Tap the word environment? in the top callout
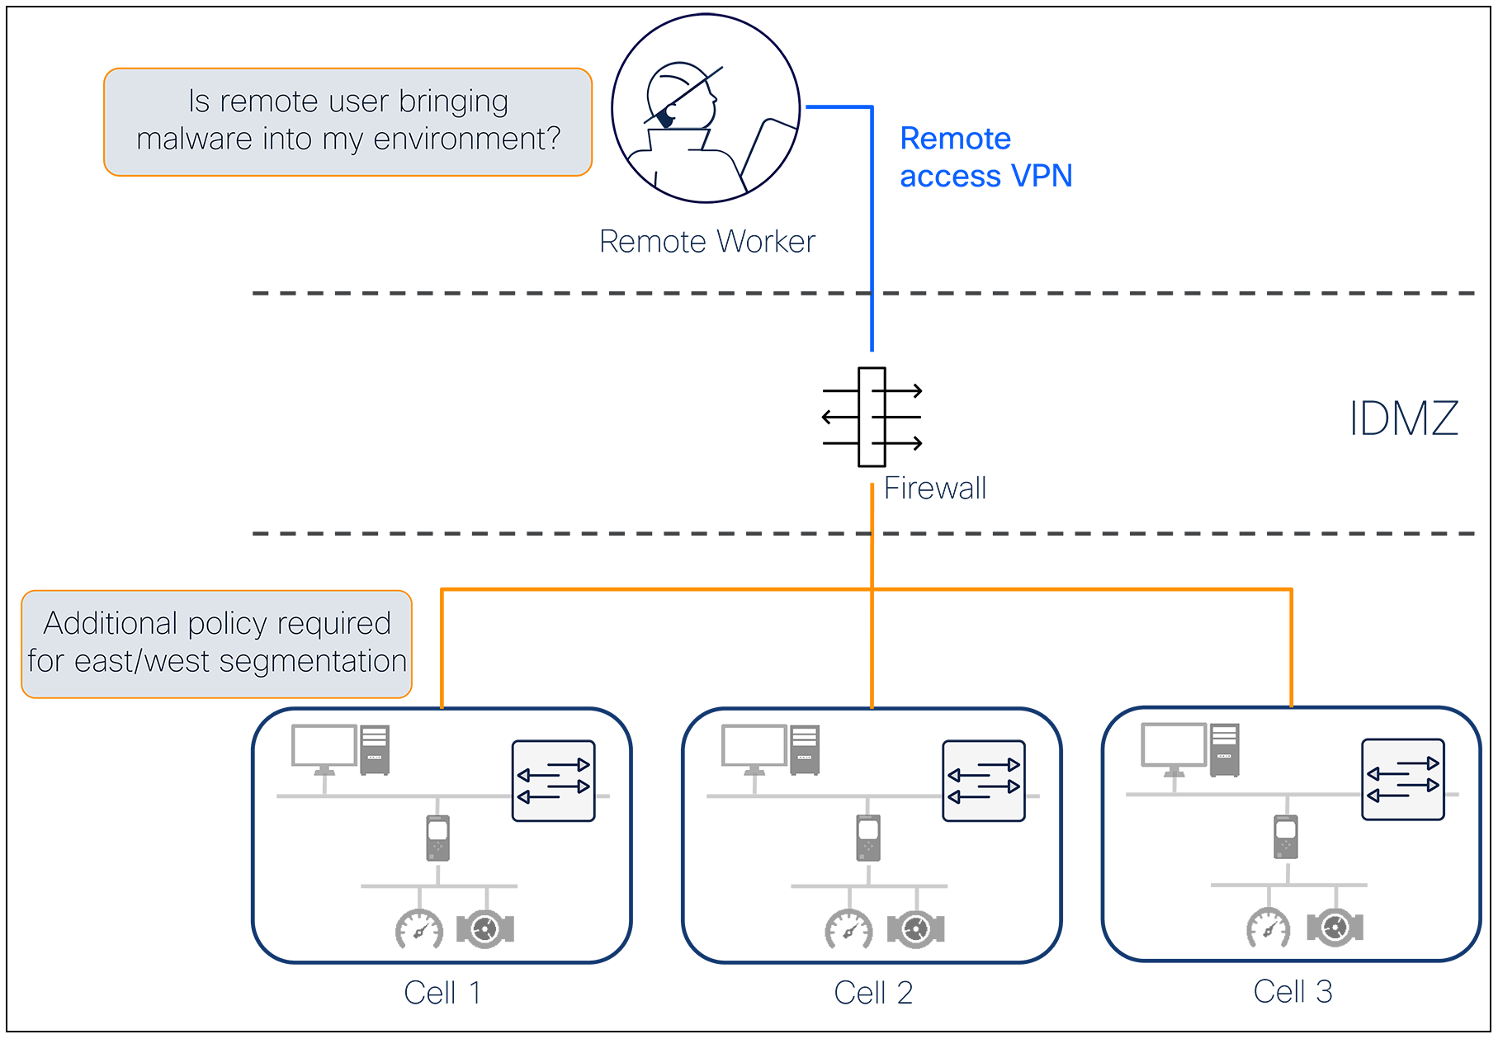[x=467, y=139]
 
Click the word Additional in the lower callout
[x=111, y=623]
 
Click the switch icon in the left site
[x=553, y=781]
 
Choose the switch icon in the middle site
[x=983, y=781]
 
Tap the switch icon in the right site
[x=1402, y=779]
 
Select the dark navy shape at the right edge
[x=1400, y=418]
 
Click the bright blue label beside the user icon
[x=974, y=157]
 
